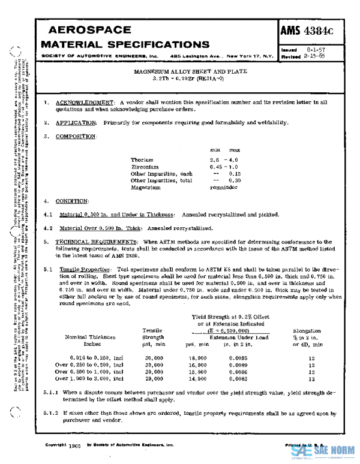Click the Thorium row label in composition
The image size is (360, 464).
click(x=142, y=160)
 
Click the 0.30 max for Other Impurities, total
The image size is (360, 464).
click(x=234, y=180)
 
